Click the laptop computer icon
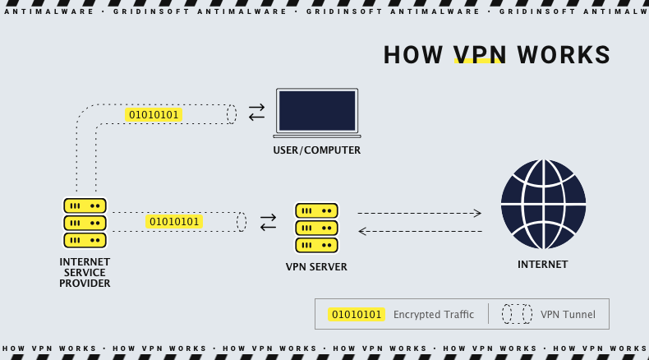pos(317,113)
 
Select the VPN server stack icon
pos(316,228)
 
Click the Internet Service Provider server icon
pos(85,222)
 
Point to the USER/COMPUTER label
pos(317,150)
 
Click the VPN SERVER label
pos(316,267)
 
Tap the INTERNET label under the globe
pos(542,265)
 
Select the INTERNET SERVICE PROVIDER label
pos(85,272)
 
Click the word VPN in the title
pos(480,55)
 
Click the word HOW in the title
pos(414,55)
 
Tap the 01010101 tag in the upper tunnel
pos(153,114)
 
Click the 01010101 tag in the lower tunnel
pos(174,222)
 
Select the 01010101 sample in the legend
pos(357,314)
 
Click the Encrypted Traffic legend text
pos(433,314)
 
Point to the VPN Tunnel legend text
pos(568,314)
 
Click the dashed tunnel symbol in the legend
pos(518,314)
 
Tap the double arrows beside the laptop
pos(257,113)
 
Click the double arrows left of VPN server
pos(269,222)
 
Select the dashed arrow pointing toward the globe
pos(419,213)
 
